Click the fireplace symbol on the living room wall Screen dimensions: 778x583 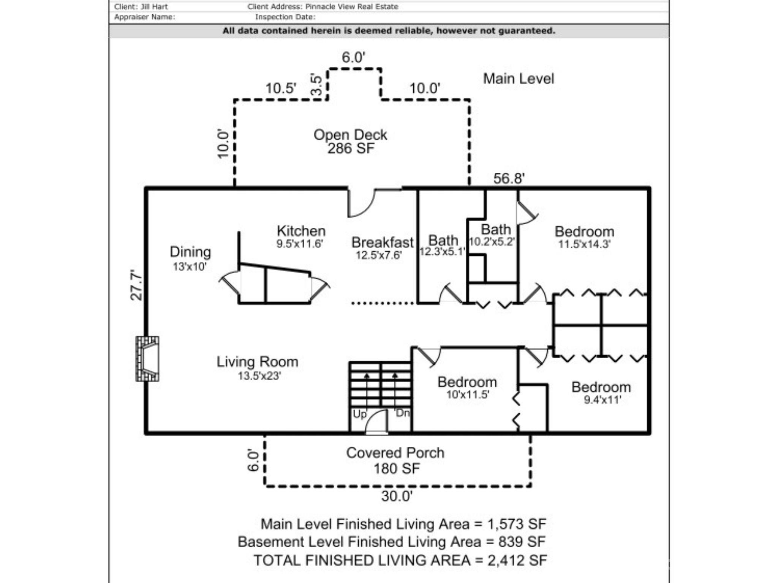coord(147,359)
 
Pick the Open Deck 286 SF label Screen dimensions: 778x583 coord(350,141)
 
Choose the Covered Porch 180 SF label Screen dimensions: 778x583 coord(395,460)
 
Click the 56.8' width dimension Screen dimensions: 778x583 coord(509,178)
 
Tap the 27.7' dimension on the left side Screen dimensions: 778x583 coord(136,285)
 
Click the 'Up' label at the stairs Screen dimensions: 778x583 coord(359,414)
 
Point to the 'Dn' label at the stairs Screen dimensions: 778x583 coord(402,413)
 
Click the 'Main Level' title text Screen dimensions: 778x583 coord(519,79)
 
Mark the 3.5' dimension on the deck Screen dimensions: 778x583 coord(316,85)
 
